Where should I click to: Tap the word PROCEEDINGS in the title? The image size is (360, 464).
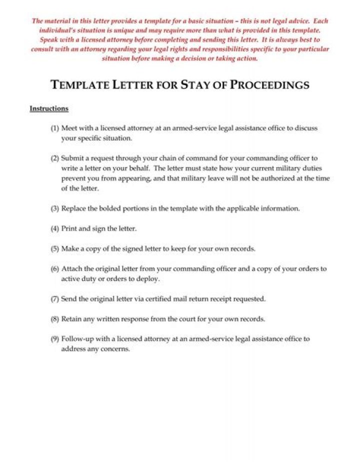[x=269, y=84]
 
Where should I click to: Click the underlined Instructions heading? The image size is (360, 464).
[x=49, y=108]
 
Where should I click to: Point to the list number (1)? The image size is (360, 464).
[x=55, y=128]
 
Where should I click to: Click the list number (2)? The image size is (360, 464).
[x=55, y=158]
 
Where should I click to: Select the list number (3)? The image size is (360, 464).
[x=55, y=208]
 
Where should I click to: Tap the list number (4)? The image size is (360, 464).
[x=55, y=228]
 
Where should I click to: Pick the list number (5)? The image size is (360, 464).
[x=55, y=248]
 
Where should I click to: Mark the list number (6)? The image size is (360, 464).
[x=55, y=269]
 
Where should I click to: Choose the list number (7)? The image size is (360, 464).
[x=55, y=299]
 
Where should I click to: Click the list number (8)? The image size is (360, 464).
[x=55, y=319]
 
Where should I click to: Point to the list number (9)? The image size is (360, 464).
[x=55, y=339]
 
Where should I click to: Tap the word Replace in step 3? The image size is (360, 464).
[x=73, y=208]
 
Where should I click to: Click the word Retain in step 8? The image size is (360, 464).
[x=71, y=319]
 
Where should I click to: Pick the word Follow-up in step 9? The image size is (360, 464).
[x=76, y=339]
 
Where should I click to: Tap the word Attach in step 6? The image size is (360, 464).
[x=71, y=269]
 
